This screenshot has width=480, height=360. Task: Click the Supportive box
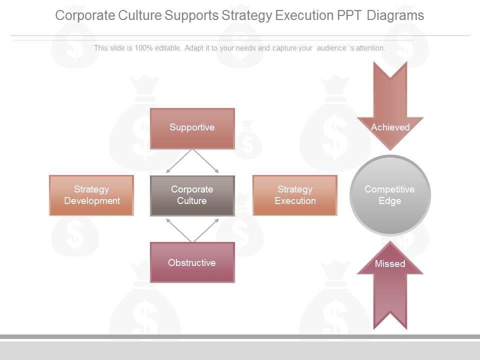click(x=192, y=128)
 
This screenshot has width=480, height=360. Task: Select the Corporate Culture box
click(x=192, y=195)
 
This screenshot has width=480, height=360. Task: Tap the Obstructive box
click(x=192, y=262)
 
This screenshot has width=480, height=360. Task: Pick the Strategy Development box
click(x=91, y=195)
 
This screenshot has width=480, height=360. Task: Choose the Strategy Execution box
click(x=295, y=195)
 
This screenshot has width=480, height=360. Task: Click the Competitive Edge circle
click(x=390, y=195)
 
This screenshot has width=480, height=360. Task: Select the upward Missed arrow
click(x=390, y=295)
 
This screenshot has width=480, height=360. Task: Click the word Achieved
click(x=390, y=127)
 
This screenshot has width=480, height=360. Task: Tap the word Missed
click(x=390, y=264)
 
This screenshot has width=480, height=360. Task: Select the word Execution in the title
click(x=304, y=15)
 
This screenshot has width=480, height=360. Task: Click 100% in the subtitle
click(x=144, y=48)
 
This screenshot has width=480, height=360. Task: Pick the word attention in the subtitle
click(x=369, y=48)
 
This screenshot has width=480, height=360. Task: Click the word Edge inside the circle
click(x=390, y=201)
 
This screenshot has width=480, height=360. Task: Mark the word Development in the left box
click(x=91, y=201)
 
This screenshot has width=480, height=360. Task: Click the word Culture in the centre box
click(x=192, y=201)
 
